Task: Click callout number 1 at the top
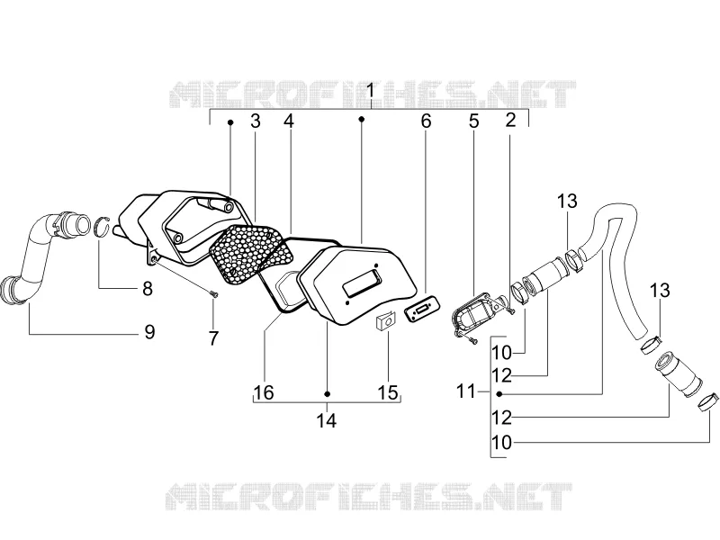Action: pos(371,91)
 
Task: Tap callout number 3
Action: pos(256,121)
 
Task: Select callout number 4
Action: pos(288,121)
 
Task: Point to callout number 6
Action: pos(426,121)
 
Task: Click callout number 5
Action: pos(473,121)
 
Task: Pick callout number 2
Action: pos(510,121)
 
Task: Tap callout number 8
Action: pos(147,288)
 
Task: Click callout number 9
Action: pos(149,331)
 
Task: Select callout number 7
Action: pos(213,339)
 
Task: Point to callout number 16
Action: pos(264,392)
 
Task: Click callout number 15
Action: pos(387,392)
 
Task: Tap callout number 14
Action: pos(326,420)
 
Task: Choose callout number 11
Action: pos(465,391)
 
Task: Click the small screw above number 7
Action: pos(213,294)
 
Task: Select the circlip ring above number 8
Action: pos(103,226)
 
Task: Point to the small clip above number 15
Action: pos(386,320)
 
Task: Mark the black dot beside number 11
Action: pos(499,393)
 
